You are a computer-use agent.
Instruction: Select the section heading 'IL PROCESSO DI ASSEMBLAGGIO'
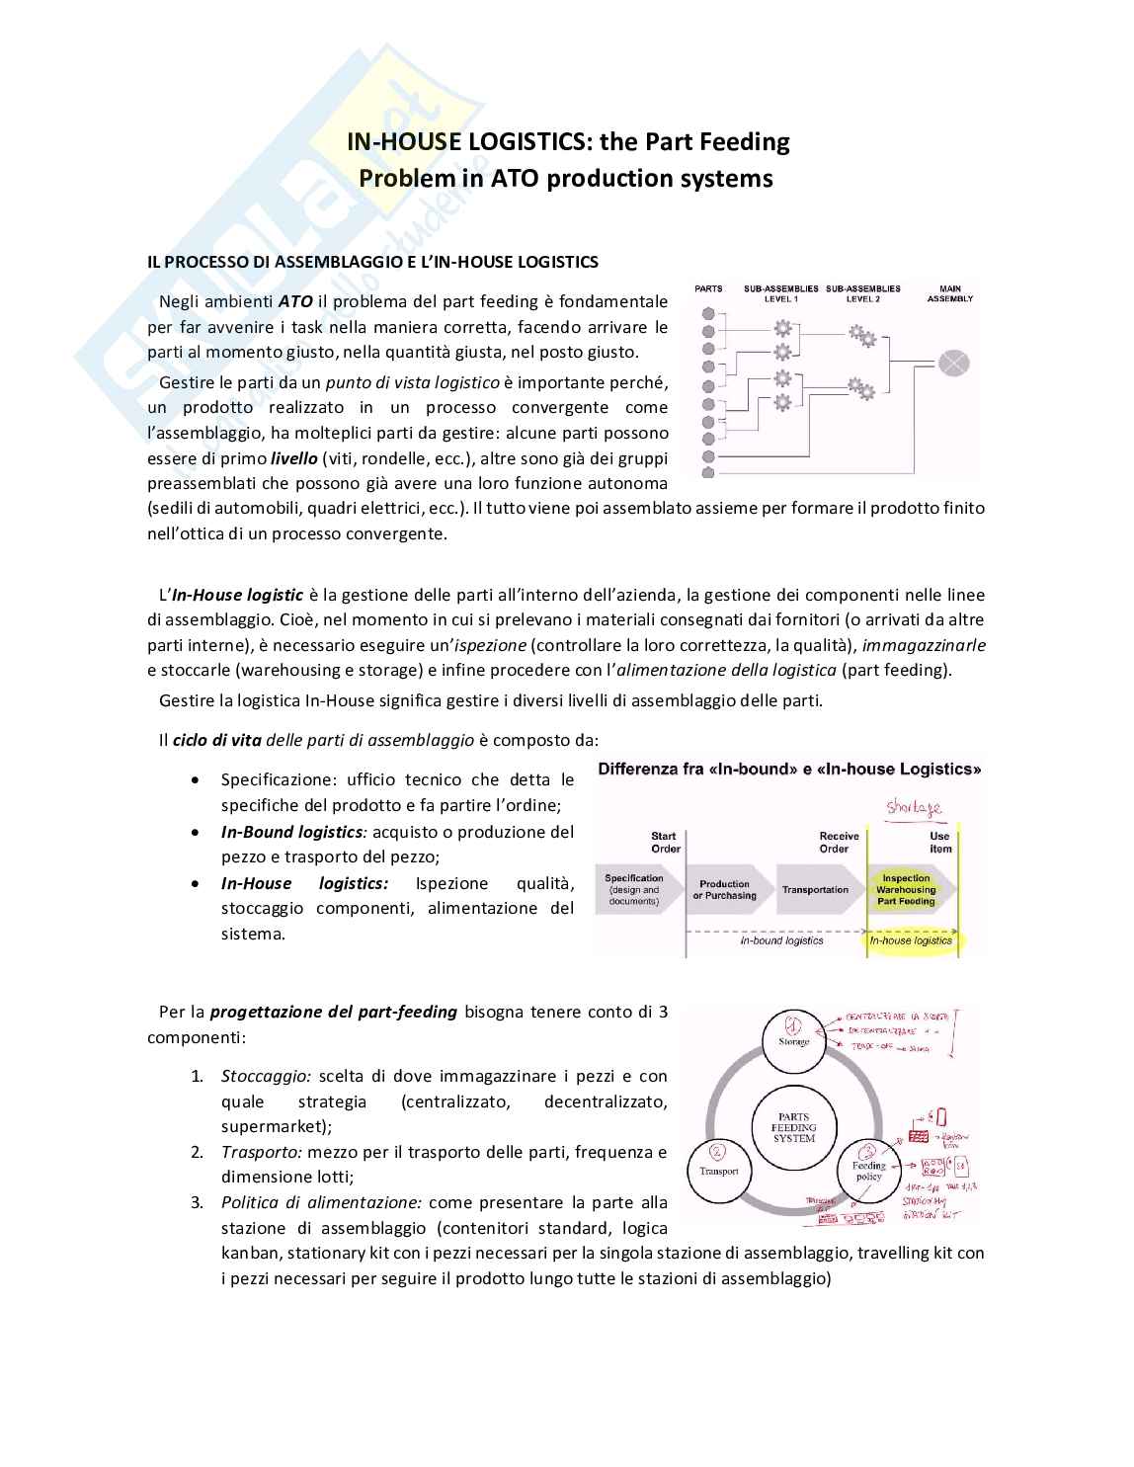(x=372, y=262)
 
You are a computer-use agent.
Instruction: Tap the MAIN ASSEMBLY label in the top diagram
(x=949, y=293)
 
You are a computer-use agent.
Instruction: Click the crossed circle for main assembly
(x=953, y=363)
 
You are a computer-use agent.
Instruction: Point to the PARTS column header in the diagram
(x=708, y=289)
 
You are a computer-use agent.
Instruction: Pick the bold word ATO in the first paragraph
(x=295, y=301)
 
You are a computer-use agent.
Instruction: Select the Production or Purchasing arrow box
(x=725, y=890)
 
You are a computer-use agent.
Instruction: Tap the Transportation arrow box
(x=815, y=890)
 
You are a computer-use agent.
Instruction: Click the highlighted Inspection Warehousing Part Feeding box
(x=907, y=889)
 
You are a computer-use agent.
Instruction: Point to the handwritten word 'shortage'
(x=914, y=808)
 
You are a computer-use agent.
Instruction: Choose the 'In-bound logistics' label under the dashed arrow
(x=781, y=940)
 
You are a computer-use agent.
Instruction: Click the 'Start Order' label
(x=665, y=842)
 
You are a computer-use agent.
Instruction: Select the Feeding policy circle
(x=868, y=1167)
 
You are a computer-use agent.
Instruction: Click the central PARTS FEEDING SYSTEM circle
(x=794, y=1127)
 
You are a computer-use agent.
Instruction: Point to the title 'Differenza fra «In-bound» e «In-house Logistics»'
(x=790, y=769)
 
